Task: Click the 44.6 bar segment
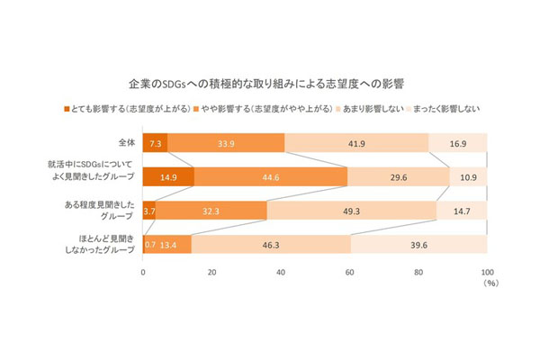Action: coord(271,177)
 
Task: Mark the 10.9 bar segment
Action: coord(468,177)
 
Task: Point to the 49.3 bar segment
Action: coord(352,211)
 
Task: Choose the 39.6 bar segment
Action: coord(418,245)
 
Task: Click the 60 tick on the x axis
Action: coord(350,271)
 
